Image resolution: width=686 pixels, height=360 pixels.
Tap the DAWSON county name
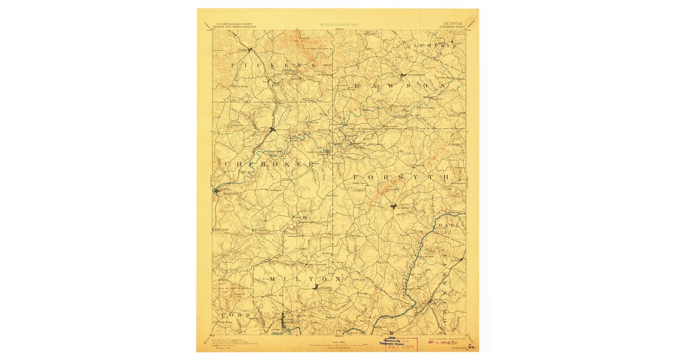click(400, 85)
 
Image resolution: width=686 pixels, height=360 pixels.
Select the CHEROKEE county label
click(269, 165)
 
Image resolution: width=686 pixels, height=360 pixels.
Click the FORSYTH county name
click(400, 178)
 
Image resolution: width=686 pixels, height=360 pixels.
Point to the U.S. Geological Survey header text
click(233, 25)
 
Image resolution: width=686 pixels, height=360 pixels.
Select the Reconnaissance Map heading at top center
click(341, 25)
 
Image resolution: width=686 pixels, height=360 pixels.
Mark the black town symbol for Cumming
click(393, 206)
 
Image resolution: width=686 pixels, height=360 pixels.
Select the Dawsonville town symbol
click(403, 75)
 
